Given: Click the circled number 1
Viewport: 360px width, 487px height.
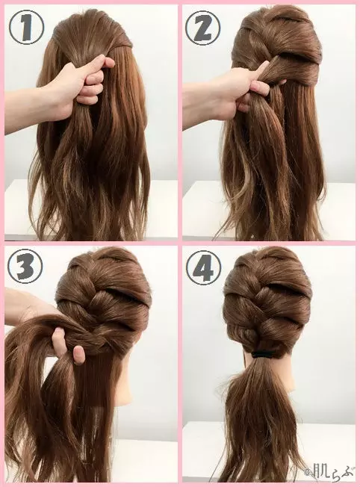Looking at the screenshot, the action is click(x=26, y=28).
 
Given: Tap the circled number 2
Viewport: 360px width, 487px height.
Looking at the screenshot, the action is click(x=203, y=28).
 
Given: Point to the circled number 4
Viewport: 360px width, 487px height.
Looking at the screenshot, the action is click(x=203, y=267).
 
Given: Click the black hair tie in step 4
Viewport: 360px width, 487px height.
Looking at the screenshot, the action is click(x=264, y=354).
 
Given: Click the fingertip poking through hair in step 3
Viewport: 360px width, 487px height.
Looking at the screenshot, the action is click(x=79, y=354).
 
